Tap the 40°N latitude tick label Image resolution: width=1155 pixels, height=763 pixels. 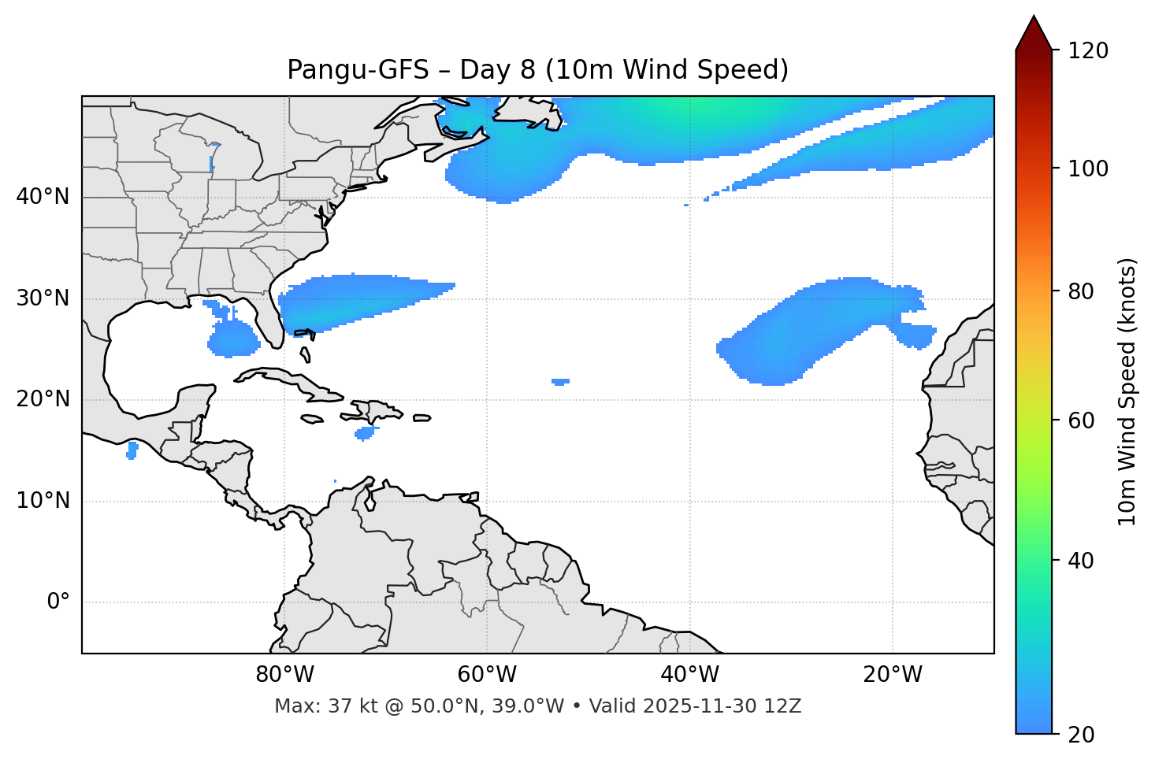[43, 197]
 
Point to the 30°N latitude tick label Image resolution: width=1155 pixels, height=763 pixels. [43, 298]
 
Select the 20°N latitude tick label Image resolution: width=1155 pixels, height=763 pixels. [43, 399]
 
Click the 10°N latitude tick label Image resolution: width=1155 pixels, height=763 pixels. [43, 501]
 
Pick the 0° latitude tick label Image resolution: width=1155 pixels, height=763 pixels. [58, 602]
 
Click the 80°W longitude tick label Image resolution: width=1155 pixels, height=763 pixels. [284, 675]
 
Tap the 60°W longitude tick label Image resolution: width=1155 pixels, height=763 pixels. [487, 675]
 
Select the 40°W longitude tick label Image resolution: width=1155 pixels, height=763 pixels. [689, 675]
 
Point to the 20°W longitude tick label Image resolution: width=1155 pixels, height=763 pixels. [893, 675]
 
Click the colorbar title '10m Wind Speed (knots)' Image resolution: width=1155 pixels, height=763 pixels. [1127, 391]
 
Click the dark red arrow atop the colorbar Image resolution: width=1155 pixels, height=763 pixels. [1034, 33]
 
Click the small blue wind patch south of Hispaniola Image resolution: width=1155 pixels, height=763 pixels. [365, 432]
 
